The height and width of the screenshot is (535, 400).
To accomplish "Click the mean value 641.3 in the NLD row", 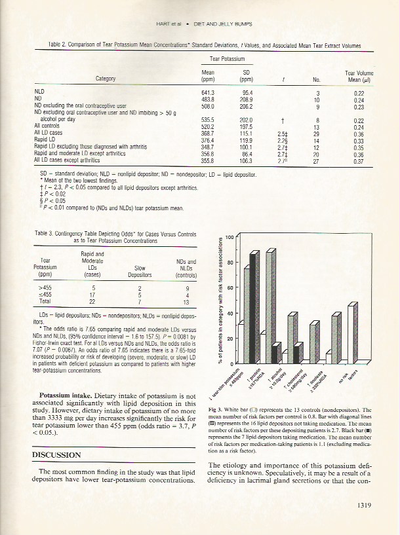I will pyautogui.click(x=208, y=93).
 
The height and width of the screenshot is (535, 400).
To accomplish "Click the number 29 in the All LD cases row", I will pyautogui.click(x=317, y=134).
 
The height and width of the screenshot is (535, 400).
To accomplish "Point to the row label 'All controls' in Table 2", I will pyautogui.click(x=49, y=128).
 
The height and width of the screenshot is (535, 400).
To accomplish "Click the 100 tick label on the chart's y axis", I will pyautogui.click(x=230, y=237).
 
